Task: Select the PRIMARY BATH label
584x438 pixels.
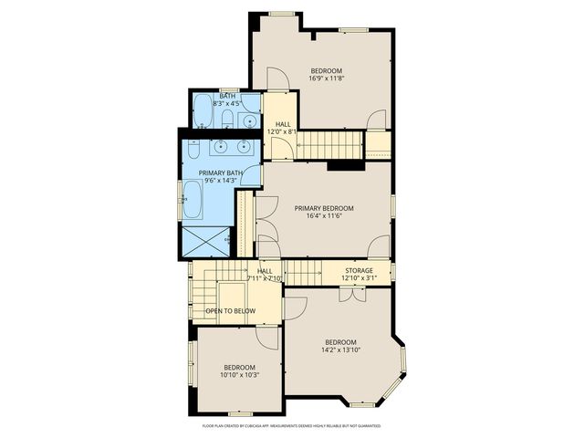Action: point(221,172)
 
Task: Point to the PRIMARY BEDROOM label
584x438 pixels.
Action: point(324,208)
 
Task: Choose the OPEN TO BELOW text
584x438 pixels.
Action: point(230,311)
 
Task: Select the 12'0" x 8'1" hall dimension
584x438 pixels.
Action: point(283,131)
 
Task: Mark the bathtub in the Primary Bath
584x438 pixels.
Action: point(193,199)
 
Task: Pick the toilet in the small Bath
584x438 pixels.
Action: point(228,118)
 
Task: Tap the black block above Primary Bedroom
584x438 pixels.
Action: point(345,165)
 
